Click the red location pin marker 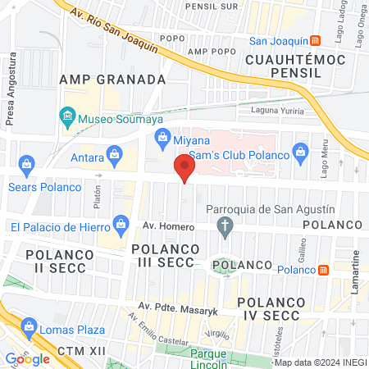click(x=184, y=169)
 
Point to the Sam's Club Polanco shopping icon click(x=301, y=150)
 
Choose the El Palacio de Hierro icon click(x=121, y=222)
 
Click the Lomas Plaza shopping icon click(x=27, y=331)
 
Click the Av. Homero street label click(x=161, y=225)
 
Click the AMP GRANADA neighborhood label click(x=113, y=80)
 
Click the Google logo click(x=27, y=358)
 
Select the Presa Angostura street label click(x=12, y=89)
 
